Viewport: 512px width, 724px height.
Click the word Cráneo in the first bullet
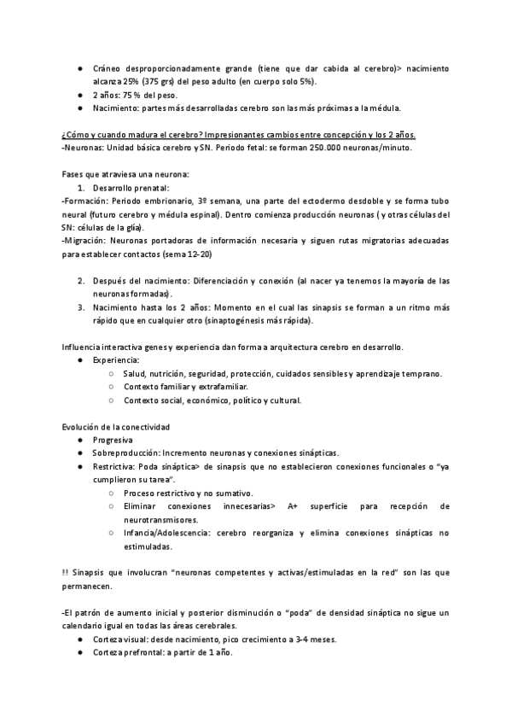(108, 67)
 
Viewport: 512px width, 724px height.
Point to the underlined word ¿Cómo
(75, 135)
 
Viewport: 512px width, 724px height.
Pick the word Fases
(74, 174)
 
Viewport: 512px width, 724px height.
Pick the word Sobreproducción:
(130, 453)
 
